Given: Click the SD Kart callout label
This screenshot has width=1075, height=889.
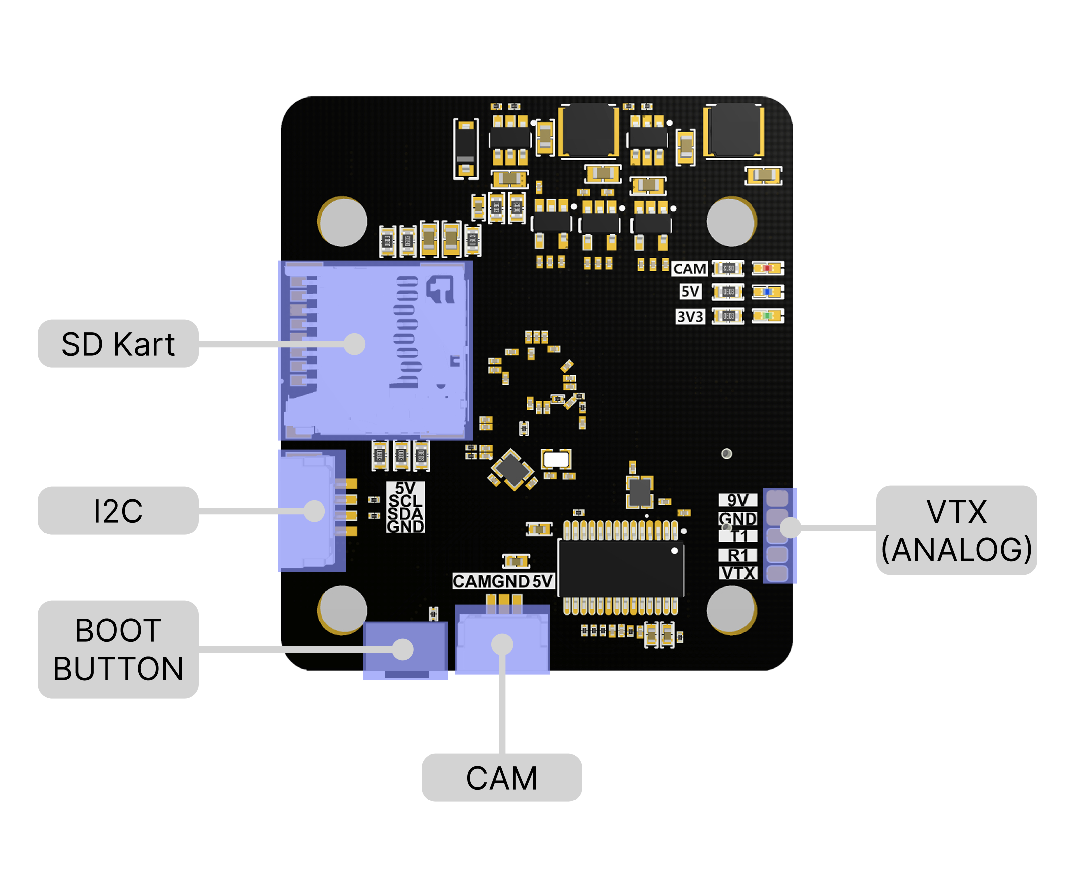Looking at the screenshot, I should [x=118, y=344].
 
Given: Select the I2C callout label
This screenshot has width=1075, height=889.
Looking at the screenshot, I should [x=118, y=511].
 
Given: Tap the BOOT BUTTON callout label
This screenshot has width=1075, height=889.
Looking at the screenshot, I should [x=118, y=648].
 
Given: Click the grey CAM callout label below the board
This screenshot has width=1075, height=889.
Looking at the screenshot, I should [x=501, y=777].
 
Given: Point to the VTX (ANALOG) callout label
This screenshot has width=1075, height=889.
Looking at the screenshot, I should [x=956, y=530].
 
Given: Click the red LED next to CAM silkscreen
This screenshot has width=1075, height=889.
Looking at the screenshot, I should [x=767, y=268].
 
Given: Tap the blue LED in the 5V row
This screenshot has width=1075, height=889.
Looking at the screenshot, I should [x=767, y=292].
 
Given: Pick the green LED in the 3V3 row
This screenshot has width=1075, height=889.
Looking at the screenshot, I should [x=767, y=316].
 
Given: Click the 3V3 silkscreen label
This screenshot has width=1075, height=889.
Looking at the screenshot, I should [x=690, y=317].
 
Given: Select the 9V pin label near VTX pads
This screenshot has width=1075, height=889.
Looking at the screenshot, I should [x=737, y=500].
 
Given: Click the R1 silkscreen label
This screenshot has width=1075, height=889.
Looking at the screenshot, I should [x=737, y=555].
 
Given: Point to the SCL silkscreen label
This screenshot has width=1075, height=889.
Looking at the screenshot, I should [x=405, y=500].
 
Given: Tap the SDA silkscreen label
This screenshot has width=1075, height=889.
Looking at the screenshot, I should [x=405, y=513].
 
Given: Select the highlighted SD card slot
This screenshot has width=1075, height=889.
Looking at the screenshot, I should [x=375, y=351].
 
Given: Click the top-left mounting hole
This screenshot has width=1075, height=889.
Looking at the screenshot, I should [x=342, y=221].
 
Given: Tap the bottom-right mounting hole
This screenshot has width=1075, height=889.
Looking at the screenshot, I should [x=732, y=610].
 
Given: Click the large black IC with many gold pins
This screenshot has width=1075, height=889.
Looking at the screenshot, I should [x=621, y=568].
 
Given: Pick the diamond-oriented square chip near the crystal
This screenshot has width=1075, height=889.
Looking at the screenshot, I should [x=512, y=468].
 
